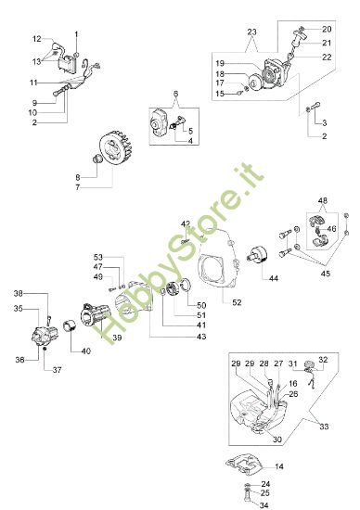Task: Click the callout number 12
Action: click(37, 39)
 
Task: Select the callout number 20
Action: click(326, 30)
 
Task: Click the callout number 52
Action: click(237, 301)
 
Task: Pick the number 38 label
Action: click(19, 293)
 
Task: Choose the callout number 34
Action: click(265, 505)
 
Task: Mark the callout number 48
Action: click(323, 201)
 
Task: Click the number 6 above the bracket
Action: click(173, 95)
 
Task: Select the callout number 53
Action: click(98, 257)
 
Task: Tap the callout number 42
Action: click(185, 223)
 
